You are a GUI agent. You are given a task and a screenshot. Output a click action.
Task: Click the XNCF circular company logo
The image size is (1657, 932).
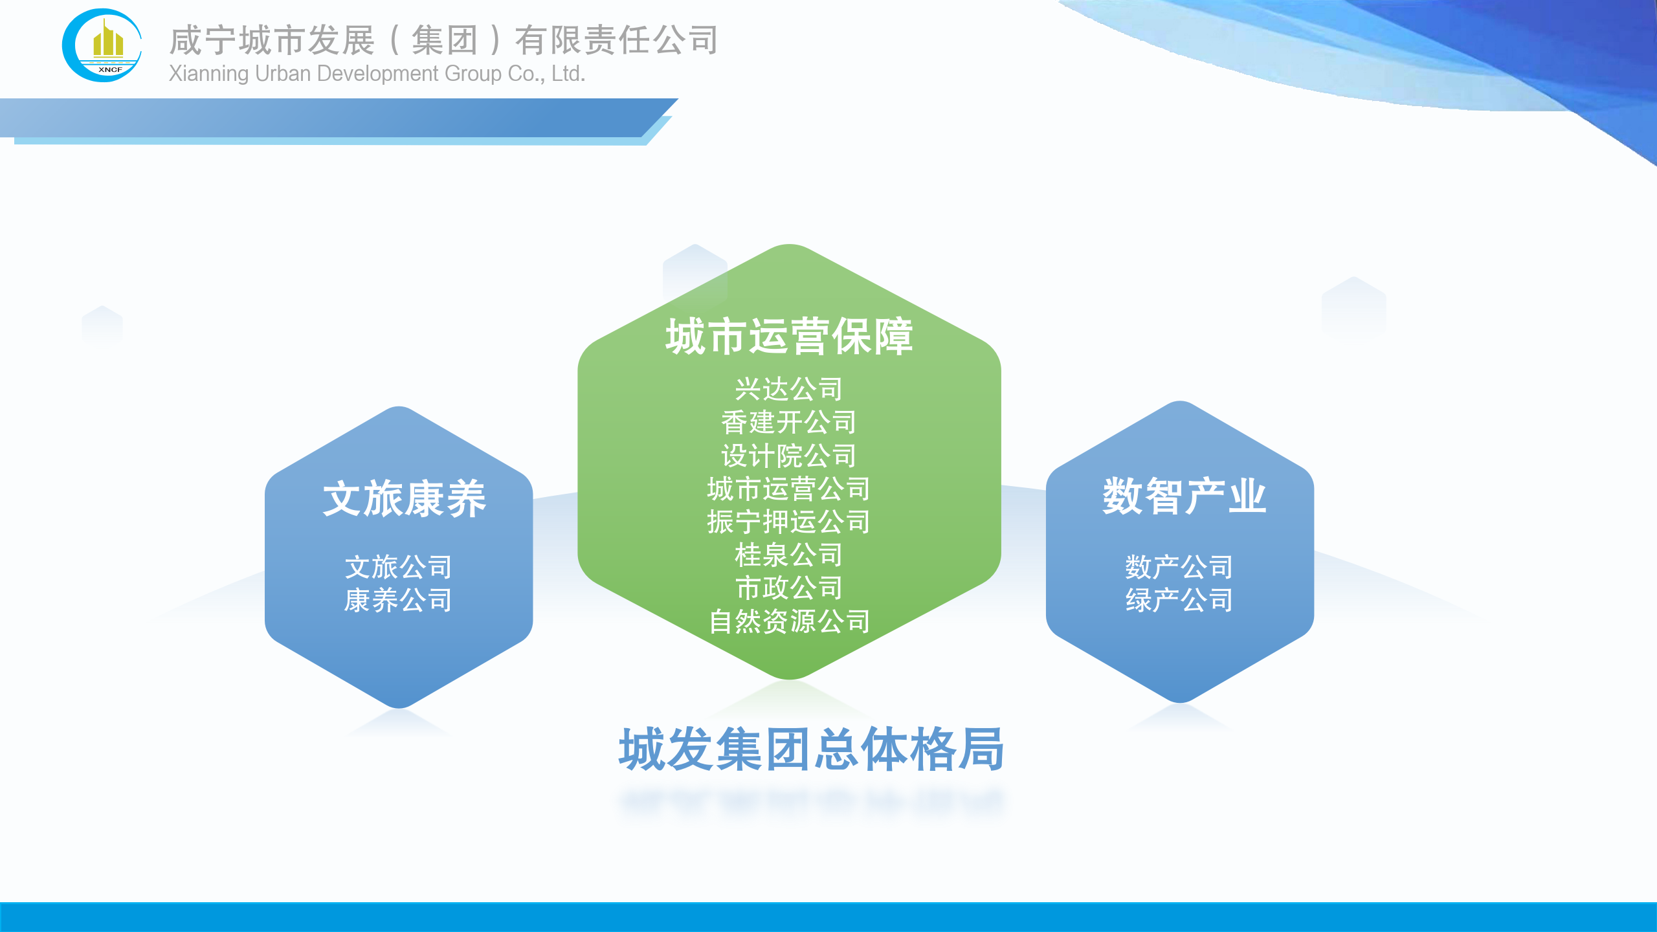click(102, 45)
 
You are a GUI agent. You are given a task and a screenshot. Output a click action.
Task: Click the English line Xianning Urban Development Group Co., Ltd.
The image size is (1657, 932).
click(377, 74)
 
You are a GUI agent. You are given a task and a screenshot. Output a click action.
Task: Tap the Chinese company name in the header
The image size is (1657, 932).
click(443, 40)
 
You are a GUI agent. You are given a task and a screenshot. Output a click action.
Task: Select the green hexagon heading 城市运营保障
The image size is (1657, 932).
click(789, 337)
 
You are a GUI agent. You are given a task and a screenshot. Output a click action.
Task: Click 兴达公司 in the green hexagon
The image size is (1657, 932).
click(789, 389)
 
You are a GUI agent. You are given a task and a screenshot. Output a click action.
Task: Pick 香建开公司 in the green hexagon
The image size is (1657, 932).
click(789, 422)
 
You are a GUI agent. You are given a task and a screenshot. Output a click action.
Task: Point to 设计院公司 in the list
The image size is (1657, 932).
click(789, 456)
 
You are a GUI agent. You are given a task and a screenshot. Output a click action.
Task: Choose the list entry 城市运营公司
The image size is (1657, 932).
click(789, 489)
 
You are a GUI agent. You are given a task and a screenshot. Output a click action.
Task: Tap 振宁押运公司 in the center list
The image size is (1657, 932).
click(789, 522)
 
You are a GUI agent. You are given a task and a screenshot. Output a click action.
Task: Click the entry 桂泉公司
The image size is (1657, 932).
click(789, 555)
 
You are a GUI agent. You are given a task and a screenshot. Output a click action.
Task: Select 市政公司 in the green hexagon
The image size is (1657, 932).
click(789, 588)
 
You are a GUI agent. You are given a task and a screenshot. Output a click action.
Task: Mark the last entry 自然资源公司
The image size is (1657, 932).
click(789, 621)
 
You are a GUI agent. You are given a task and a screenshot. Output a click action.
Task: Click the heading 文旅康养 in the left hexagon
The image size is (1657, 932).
click(405, 498)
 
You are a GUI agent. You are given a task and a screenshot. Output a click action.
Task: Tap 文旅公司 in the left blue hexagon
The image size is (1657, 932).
click(399, 567)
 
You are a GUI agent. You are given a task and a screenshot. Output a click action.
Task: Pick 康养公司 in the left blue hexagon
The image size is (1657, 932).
click(399, 600)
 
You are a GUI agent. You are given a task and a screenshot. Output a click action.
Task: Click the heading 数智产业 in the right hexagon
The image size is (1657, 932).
click(1184, 496)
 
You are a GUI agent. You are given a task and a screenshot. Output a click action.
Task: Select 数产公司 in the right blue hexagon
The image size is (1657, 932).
click(1179, 567)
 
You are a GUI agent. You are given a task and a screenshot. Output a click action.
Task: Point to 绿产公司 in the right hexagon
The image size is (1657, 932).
click(1179, 600)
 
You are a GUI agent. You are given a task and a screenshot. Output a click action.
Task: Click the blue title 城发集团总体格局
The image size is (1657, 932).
click(812, 749)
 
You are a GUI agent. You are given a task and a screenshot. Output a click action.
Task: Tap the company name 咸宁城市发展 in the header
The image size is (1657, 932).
click(272, 40)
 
